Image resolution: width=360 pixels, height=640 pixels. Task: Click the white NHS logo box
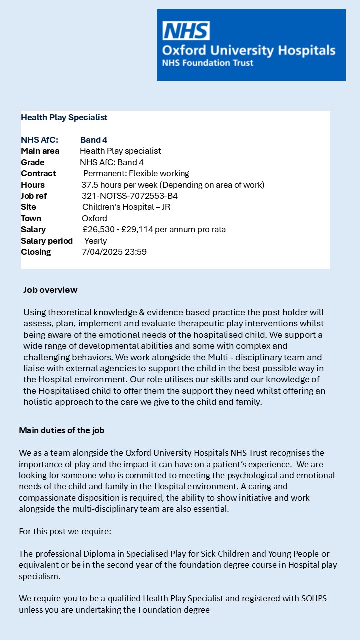coord(186,31)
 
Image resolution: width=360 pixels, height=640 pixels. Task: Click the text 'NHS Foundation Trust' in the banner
coord(207,63)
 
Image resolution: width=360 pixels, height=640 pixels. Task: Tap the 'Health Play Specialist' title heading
coord(64,118)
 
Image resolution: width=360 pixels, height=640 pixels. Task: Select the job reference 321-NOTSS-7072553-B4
coord(129,196)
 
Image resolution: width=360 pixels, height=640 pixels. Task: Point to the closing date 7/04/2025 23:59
coord(114,252)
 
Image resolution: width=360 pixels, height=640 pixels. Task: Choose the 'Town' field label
coord(31,218)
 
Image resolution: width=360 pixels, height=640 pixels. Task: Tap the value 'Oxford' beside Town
coord(94,218)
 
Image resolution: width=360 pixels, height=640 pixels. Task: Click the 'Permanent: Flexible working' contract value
coord(136,174)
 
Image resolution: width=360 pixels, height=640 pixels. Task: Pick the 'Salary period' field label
coord(47,241)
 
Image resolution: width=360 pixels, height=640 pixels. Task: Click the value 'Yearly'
coord(95,241)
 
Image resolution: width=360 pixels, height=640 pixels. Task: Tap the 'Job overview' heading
coord(50,290)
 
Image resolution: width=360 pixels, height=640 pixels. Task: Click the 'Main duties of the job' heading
coord(61,430)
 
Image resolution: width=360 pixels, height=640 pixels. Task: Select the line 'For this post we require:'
coord(65,531)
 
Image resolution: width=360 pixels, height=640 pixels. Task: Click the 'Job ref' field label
coord(34,196)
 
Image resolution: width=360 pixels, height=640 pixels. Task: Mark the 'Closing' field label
coord(36,252)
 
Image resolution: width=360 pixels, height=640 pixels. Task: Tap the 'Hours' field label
coord(33,185)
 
